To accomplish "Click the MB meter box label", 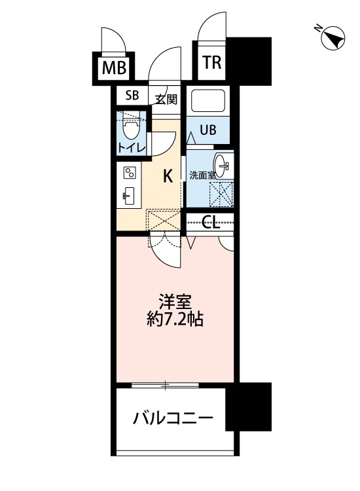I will [x=115, y=67].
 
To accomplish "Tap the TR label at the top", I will [x=211, y=63].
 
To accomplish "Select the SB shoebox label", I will [x=132, y=96].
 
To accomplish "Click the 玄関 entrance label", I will [x=166, y=100].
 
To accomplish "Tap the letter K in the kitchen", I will [x=168, y=175].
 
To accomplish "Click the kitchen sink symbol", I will [x=129, y=194].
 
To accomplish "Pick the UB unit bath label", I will [x=207, y=129].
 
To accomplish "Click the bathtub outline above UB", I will [x=208, y=101].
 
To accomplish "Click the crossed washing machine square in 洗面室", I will [x=221, y=193].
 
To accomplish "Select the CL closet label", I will [x=211, y=223].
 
